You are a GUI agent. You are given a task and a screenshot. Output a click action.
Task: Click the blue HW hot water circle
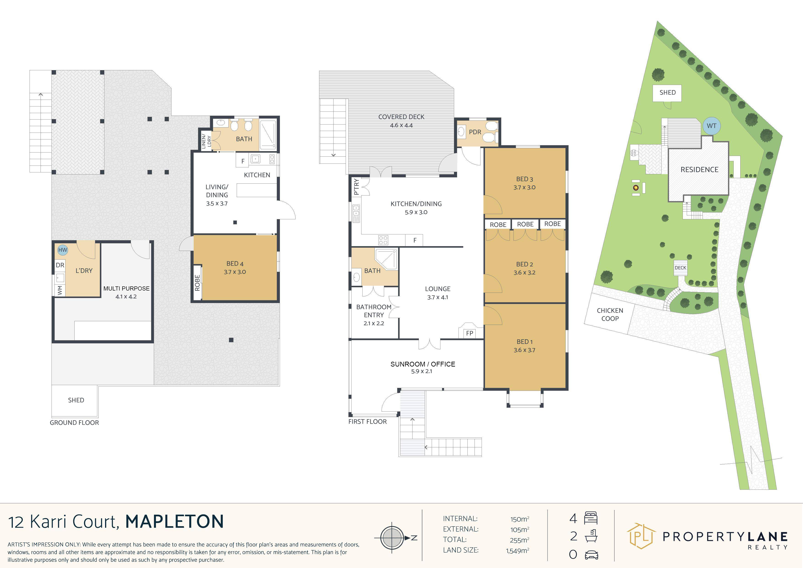pyautogui.click(x=62, y=250)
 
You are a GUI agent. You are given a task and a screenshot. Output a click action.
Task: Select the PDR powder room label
pyautogui.click(x=475, y=132)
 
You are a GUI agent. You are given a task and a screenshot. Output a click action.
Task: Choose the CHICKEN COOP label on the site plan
pyautogui.click(x=610, y=314)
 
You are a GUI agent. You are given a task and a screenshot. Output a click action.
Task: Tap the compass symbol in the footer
pyautogui.click(x=392, y=538)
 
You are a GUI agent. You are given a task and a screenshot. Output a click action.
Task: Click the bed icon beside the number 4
pyautogui.click(x=591, y=518)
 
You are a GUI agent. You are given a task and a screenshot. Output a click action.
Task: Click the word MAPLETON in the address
pyautogui.click(x=174, y=522)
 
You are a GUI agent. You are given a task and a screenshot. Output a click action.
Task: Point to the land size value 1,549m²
pyautogui.click(x=517, y=551)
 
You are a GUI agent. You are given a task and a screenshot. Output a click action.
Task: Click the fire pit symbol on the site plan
pyautogui.click(x=636, y=188)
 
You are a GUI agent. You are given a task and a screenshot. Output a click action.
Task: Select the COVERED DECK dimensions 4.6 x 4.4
pyautogui.click(x=401, y=125)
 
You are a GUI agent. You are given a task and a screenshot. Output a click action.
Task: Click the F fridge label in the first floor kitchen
pyautogui.click(x=415, y=240)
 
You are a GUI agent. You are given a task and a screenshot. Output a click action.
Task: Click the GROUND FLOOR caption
pyautogui.click(x=74, y=422)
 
